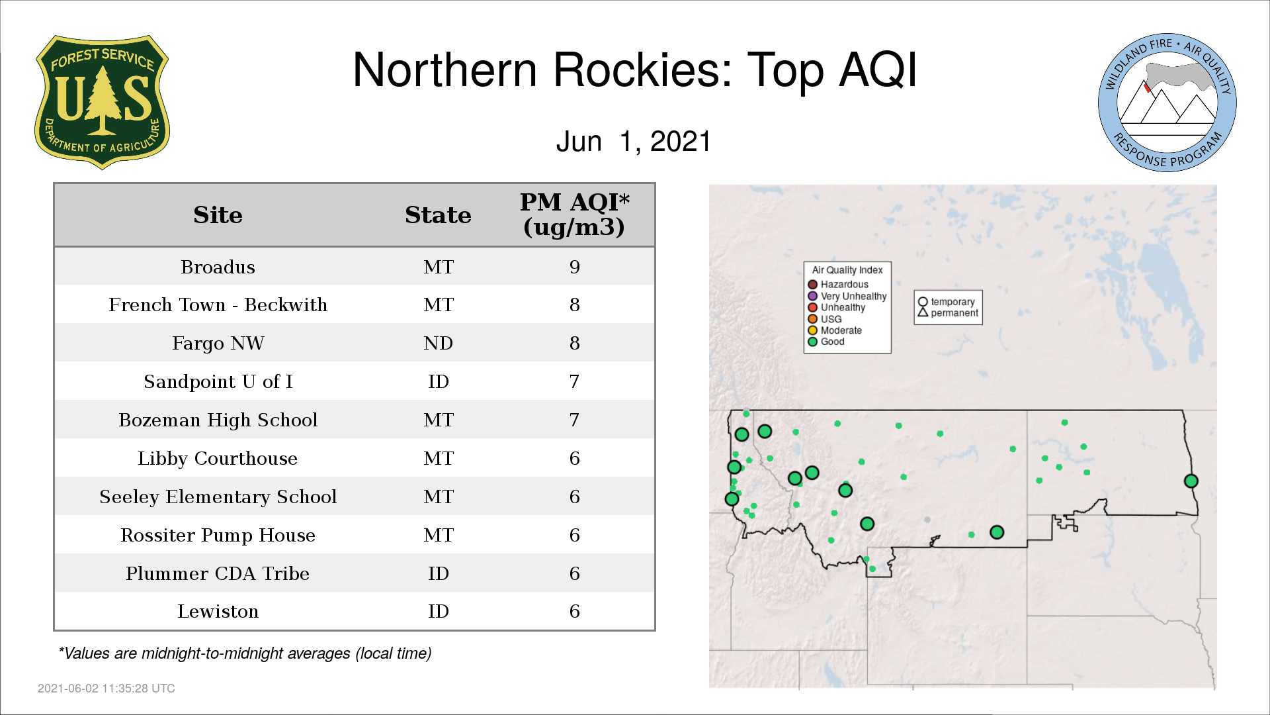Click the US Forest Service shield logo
click(102, 102)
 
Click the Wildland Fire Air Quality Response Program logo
click(1167, 103)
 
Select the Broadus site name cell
click(218, 267)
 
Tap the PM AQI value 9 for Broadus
click(574, 267)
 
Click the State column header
click(438, 215)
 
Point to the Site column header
click(218, 215)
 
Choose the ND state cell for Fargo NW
click(438, 343)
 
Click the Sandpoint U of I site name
click(218, 381)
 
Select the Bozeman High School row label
click(218, 420)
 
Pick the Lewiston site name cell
click(218, 611)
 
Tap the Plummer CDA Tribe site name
click(218, 573)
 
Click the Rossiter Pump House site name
click(218, 535)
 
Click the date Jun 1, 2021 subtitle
click(633, 142)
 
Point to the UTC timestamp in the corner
click(106, 689)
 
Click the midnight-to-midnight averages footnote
click(245, 653)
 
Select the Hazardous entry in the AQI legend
click(838, 285)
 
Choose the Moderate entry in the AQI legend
click(835, 330)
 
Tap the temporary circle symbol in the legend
click(923, 302)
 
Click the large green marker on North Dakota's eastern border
click(1191, 481)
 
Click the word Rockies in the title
click(642, 70)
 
